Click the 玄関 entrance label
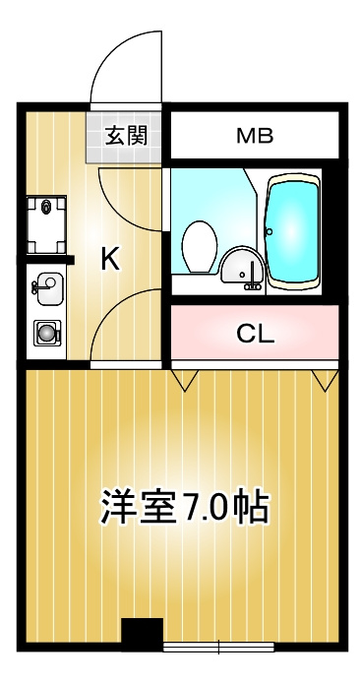point(126,136)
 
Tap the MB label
point(255,136)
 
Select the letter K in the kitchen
point(110,259)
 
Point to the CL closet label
point(256,335)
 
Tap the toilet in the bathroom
point(200,247)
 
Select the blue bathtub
point(293,231)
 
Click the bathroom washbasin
point(241,267)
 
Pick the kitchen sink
point(47,288)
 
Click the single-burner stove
point(47,334)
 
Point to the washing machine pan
point(46,225)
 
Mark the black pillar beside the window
point(142,634)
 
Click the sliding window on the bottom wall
point(218,647)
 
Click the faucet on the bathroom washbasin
point(252,278)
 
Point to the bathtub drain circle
point(270,231)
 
